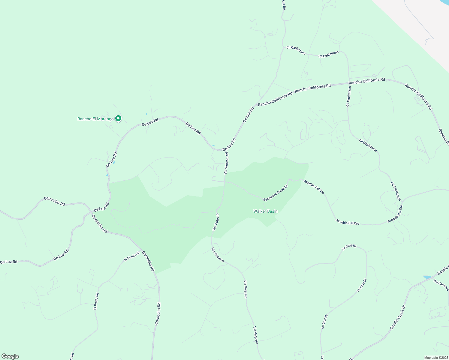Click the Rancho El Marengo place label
[95, 119]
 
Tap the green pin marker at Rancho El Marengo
[118, 119]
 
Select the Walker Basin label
[265, 211]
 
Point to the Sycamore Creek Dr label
[275, 193]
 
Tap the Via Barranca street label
[441, 285]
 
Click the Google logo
[10, 356]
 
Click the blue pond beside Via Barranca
[427, 277]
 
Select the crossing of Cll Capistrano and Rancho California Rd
[349, 83]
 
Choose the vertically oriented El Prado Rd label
[96, 301]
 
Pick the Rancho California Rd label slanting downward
[418, 97]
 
